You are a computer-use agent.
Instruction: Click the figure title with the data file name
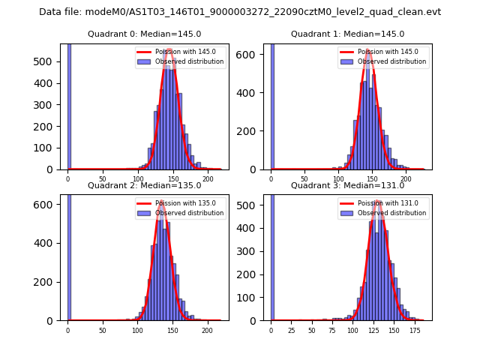[x=240, y=12]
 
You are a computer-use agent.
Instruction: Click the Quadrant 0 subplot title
[x=145, y=34]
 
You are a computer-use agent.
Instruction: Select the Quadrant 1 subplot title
[x=347, y=34]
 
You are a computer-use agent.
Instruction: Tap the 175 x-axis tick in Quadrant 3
[x=412, y=330]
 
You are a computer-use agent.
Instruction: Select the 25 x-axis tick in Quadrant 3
[x=291, y=330]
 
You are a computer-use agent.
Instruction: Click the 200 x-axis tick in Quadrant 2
[x=206, y=330]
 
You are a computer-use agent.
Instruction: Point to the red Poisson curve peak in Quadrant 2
[x=160, y=202]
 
